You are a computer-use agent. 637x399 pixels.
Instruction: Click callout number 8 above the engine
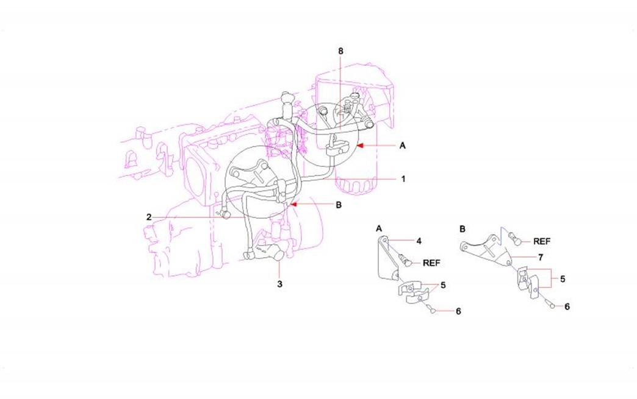tap(340, 51)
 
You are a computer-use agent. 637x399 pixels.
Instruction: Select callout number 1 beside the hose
tap(403, 178)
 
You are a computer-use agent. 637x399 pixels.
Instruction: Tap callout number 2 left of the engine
tap(149, 217)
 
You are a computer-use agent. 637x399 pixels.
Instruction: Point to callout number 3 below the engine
tap(279, 284)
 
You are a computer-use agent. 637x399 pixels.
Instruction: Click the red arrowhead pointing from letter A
tap(360, 145)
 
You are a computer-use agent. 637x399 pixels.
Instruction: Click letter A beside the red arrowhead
tap(402, 145)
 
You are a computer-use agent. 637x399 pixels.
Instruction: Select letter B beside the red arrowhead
tap(339, 205)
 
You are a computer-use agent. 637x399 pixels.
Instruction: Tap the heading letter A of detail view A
tap(379, 228)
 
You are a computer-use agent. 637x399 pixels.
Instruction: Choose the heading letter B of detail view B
tap(462, 229)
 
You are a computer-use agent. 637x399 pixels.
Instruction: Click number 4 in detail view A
tap(419, 241)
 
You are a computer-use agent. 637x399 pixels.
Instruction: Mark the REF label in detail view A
tap(431, 263)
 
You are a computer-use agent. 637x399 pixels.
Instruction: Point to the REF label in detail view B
tap(542, 241)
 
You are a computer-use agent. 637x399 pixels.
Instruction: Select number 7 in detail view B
tap(541, 257)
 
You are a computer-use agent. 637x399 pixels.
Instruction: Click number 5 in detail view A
tap(443, 285)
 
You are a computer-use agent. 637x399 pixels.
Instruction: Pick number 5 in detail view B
tap(562, 279)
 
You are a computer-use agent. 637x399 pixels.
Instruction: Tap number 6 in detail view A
tap(458, 311)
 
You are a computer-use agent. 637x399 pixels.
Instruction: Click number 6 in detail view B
tap(567, 306)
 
